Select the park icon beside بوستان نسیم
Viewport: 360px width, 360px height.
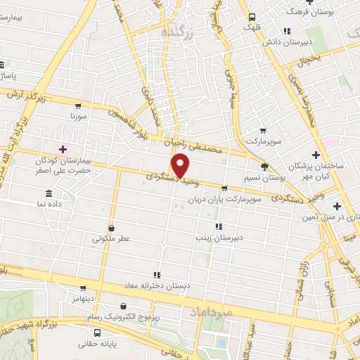(x=264, y=167)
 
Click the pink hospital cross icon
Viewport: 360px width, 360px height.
(x=63, y=149)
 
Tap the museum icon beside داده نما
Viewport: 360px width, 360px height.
(x=49, y=193)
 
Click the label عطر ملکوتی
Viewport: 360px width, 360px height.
(x=112, y=238)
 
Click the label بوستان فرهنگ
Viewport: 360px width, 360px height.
(x=313, y=12)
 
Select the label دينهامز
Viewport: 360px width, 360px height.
(x=82, y=299)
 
